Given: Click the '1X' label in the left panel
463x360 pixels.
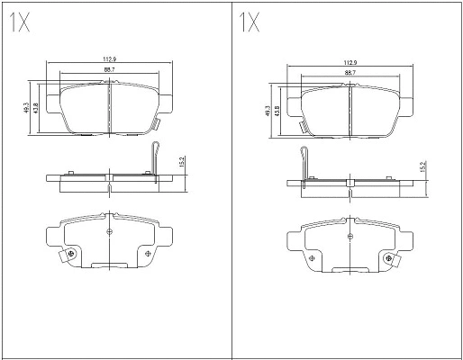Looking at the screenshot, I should (19, 23).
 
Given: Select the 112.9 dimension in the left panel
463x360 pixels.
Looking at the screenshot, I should (108, 60).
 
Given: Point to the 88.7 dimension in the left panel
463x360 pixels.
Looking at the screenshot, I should (108, 70).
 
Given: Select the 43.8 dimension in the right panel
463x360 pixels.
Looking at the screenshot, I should (276, 114).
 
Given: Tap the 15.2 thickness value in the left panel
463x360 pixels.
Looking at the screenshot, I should (182, 163).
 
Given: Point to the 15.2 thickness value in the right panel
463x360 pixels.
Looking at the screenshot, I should (422, 167).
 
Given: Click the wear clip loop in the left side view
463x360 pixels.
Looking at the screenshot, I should (156, 157).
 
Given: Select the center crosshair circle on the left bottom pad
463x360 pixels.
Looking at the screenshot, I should (108, 232).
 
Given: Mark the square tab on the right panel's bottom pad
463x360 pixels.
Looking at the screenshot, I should (394, 262).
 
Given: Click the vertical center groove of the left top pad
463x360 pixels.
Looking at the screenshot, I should (108, 108).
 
